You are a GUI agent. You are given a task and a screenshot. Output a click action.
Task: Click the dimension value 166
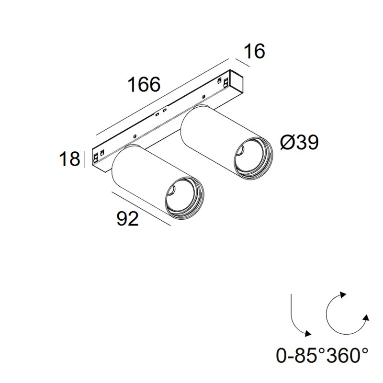tap(145, 84)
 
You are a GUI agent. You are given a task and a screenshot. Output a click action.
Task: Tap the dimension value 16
tap(254, 51)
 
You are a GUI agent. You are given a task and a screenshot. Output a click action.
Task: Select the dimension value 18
tap(69, 159)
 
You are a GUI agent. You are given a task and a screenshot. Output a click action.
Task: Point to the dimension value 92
tap(127, 219)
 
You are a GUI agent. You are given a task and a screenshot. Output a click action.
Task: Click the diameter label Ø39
tap(300, 142)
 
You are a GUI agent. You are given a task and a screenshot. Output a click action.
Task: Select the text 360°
tap(348, 356)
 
